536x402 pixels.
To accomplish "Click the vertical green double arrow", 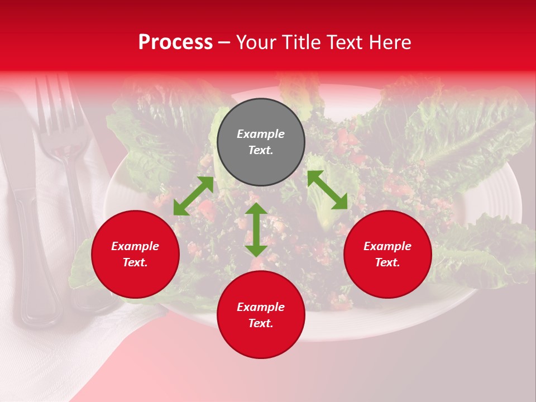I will point(256,229).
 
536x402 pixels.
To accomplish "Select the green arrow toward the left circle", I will point(193,196).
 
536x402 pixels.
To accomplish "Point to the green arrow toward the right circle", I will point(327,190).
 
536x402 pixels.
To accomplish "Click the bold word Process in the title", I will point(175,42).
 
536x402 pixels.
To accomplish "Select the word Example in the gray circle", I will point(261,134).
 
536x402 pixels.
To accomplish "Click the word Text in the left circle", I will point(135,262).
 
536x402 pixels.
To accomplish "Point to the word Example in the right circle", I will point(387,246).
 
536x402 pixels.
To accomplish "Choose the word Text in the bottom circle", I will point(261,323).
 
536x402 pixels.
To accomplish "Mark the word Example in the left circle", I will point(135,246).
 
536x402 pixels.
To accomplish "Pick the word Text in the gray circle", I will point(261,150).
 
